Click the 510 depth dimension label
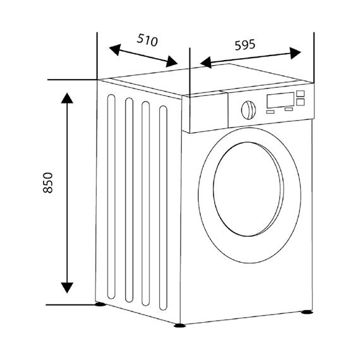tap(147, 40)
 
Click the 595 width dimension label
tap(245, 45)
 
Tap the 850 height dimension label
tap(48, 183)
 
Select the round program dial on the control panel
tap(248, 110)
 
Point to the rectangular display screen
tap(280, 100)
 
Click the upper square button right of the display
tap(300, 93)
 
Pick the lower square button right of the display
tap(300, 102)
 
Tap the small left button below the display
tap(270, 112)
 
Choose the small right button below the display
tap(289, 109)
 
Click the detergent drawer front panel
tap(205, 112)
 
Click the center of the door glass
tap(248, 189)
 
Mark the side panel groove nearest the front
tap(163, 208)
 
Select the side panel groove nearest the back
tap(111, 196)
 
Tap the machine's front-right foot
tap(307, 312)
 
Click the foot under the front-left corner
tap(180, 325)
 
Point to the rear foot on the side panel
tap(100, 304)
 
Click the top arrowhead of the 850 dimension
tap(67, 99)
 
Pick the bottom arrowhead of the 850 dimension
tap(67, 287)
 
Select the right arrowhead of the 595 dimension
tap(295, 53)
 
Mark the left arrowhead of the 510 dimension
tap(115, 49)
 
